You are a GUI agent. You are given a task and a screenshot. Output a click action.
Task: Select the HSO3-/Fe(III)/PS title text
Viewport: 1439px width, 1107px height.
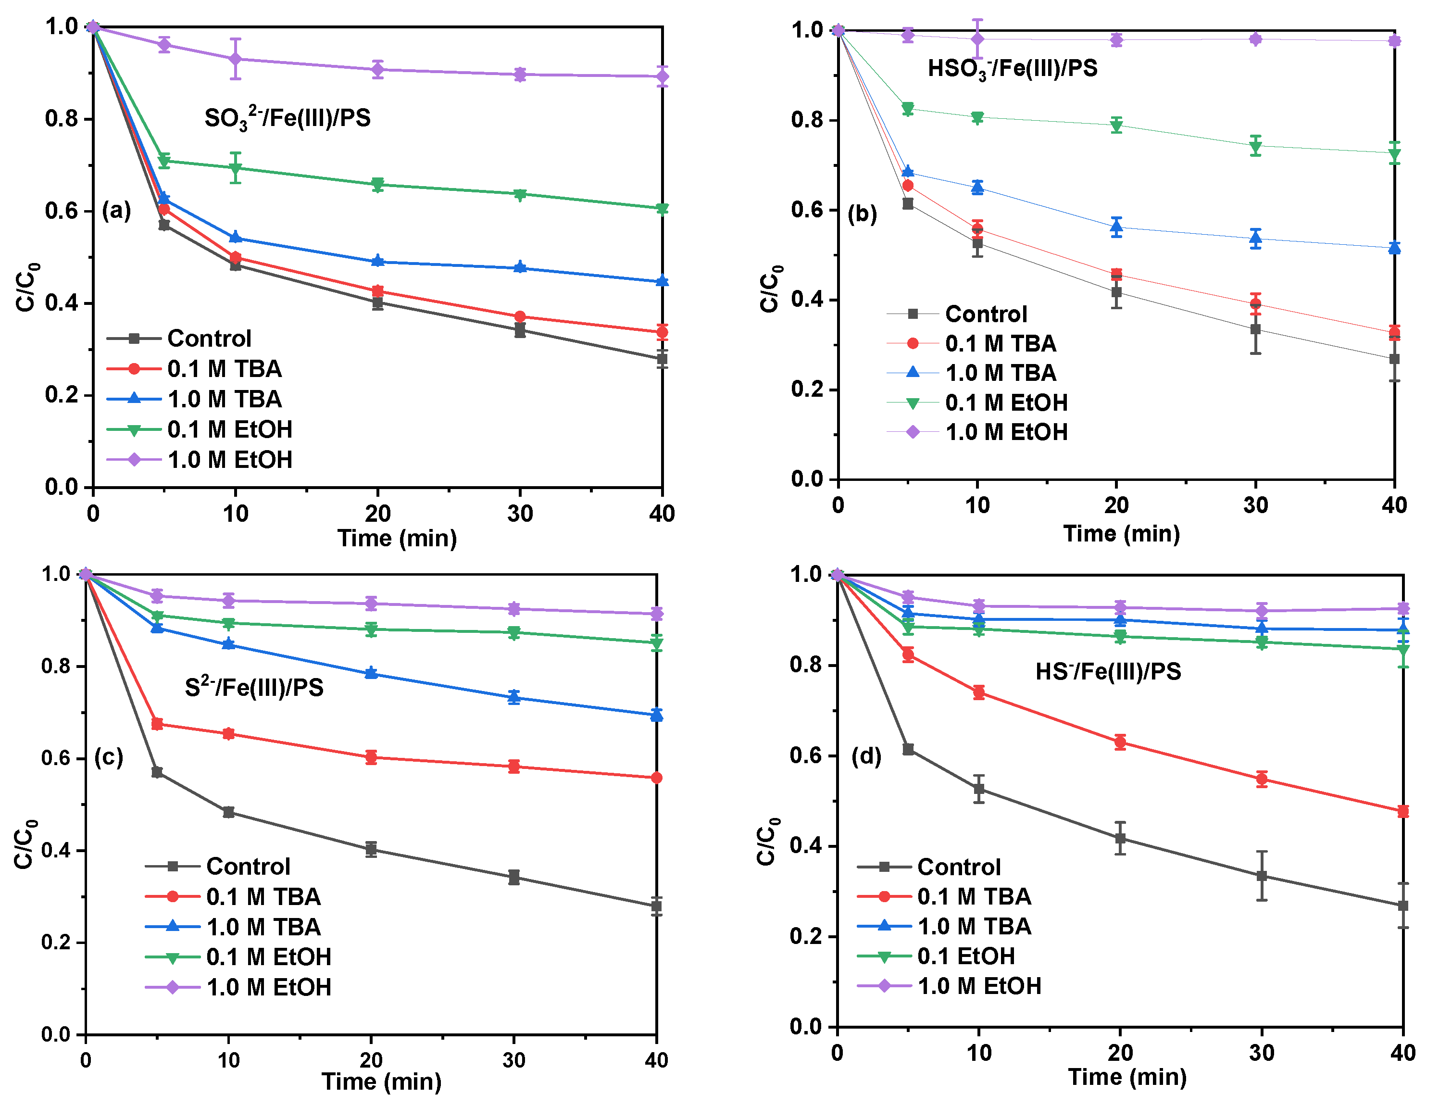(x=1012, y=69)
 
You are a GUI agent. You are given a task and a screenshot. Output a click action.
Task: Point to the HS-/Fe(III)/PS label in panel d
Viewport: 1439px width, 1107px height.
(x=1108, y=671)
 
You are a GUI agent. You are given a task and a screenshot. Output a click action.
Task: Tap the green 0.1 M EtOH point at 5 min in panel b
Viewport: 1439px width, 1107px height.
(x=908, y=108)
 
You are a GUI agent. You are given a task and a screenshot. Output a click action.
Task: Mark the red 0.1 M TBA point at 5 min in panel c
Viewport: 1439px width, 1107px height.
(x=157, y=724)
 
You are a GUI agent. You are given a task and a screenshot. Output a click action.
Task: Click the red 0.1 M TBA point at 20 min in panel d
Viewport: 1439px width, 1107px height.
(x=1120, y=742)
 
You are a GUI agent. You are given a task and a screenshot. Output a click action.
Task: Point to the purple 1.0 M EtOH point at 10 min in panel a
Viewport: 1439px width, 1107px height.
(x=235, y=59)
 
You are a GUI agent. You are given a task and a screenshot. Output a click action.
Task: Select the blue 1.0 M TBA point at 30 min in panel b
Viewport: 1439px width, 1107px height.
(x=1256, y=238)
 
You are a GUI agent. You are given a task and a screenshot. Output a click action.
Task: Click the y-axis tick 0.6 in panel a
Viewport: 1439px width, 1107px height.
(x=61, y=211)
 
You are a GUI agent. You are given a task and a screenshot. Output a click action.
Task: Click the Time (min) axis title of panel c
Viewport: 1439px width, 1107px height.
(x=381, y=1082)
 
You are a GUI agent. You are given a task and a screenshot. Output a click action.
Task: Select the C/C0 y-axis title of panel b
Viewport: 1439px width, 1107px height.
(x=770, y=288)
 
